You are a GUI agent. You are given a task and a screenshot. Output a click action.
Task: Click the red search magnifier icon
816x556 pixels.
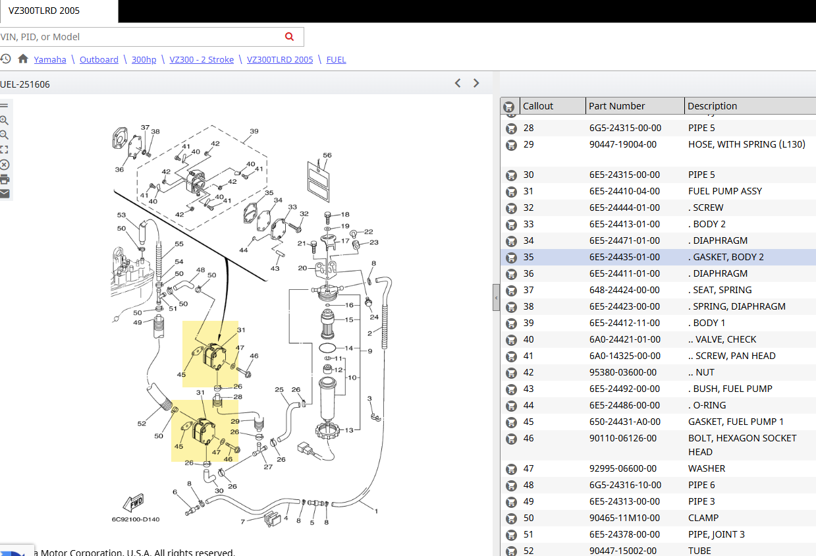(x=289, y=36)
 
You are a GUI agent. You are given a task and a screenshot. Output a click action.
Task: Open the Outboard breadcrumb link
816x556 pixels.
(x=99, y=59)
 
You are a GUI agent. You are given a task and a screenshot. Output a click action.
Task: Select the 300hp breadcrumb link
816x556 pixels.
(x=144, y=59)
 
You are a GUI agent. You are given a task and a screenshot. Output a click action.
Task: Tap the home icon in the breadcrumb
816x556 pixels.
(x=23, y=59)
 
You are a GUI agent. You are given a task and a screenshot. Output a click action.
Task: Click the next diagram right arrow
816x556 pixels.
(x=476, y=83)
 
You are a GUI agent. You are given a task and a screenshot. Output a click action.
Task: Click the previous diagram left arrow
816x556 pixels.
(x=458, y=83)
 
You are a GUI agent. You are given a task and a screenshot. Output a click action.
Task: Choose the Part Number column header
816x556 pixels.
(x=616, y=106)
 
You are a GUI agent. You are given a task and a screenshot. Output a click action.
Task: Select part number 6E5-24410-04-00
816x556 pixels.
(x=624, y=191)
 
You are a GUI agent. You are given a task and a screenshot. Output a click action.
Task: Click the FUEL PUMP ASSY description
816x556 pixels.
(x=725, y=191)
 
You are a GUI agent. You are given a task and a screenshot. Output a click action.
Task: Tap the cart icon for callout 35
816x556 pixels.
(x=511, y=258)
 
